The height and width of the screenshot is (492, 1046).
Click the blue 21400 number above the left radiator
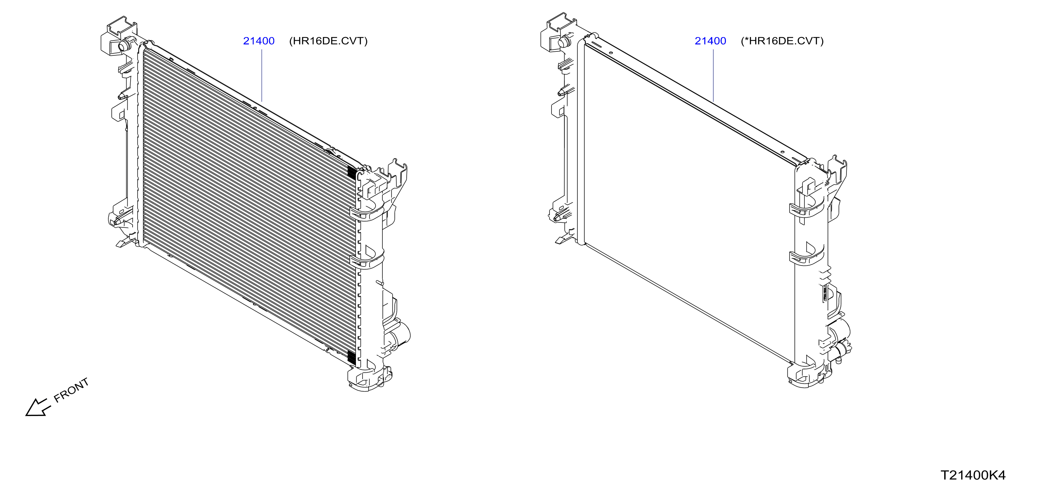coord(259,41)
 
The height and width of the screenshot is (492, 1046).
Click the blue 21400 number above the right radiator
coord(710,41)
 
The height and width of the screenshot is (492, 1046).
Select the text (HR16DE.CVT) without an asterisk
coord(328,41)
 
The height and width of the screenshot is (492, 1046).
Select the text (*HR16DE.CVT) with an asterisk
coord(782,41)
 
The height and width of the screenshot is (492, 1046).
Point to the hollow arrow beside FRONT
coord(37,407)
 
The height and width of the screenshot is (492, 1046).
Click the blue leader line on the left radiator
coord(262,76)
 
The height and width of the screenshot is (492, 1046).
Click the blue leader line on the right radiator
coord(714,76)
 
